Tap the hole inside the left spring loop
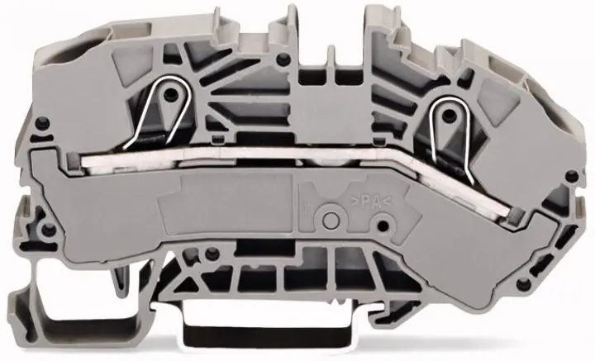[x=170, y=93]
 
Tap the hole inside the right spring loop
[x=449, y=113]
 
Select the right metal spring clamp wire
[x=452, y=139]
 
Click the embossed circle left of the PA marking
[x=331, y=220]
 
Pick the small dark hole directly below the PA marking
[x=383, y=226]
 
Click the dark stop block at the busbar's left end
[x=74, y=160]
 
